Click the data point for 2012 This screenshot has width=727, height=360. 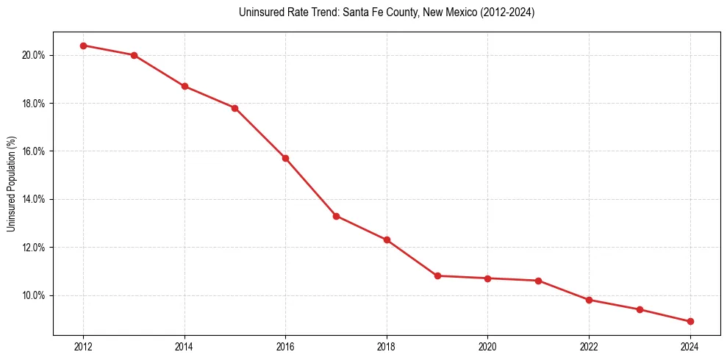click(83, 46)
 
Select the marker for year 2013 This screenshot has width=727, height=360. click(134, 55)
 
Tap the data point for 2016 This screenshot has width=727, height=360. click(285, 158)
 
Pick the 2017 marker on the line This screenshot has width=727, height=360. click(336, 216)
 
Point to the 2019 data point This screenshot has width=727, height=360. click(437, 276)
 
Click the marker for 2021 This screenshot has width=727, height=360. click(538, 281)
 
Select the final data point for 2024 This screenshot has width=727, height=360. click(690, 321)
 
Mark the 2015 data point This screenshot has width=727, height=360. click(234, 108)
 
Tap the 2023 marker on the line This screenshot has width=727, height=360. click(640, 309)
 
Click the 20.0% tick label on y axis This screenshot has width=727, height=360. click(35, 55)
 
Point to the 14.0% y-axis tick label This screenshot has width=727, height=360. click(35, 199)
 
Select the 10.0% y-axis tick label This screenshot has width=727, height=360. click(35, 295)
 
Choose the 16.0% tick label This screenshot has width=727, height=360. click(35, 151)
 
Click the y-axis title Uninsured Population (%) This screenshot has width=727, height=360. click(11, 184)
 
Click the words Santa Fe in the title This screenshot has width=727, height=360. click(359, 12)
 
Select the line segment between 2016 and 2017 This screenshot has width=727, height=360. click(310, 187)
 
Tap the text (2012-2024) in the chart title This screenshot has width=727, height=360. click(508, 12)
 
